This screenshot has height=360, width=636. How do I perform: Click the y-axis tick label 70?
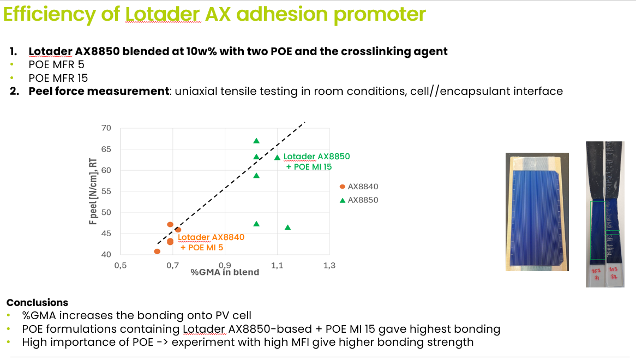pyautogui.click(x=106, y=128)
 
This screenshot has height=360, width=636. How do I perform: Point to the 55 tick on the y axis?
pyautogui.click(x=106, y=191)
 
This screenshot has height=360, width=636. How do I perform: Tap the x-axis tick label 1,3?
pyautogui.click(x=329, y=266)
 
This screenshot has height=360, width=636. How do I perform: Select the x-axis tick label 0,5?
pyautogui.click(x=121, y=266)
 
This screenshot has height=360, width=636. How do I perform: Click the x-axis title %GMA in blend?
pyautogui.click(x=225, y=272)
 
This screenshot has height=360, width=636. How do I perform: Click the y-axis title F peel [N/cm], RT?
pyautogui.click(x=93, y=191)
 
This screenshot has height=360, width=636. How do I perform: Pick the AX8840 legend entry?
pyautogui.click(x=359, y=187)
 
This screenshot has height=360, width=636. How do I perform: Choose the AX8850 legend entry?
pyautogui.click(x=359, y=200)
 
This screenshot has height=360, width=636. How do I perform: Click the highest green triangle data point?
pyautogui.click(x=256, y=141)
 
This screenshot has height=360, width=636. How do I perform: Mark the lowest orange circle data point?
pyautogui.click(x=158, y=251)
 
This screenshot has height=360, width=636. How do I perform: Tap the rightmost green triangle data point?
pyautogui.click(x=287, y=227)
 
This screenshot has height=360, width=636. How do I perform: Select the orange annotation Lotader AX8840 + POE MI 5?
pyautogui.click(x=211, y=242)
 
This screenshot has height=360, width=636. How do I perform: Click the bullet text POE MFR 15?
pyautogui.click(x=58, y=78)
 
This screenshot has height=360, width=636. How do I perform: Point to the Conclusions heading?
pyautogui.click(x=37, y=302)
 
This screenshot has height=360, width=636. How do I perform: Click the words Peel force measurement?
pyautogui.click(x=99, y=91)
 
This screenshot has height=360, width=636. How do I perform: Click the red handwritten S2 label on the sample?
pyautogui.click(x=614, y=277)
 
